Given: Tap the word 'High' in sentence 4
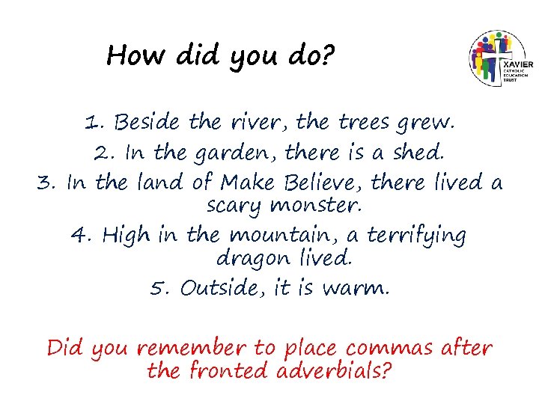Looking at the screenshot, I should pos(126,236).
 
